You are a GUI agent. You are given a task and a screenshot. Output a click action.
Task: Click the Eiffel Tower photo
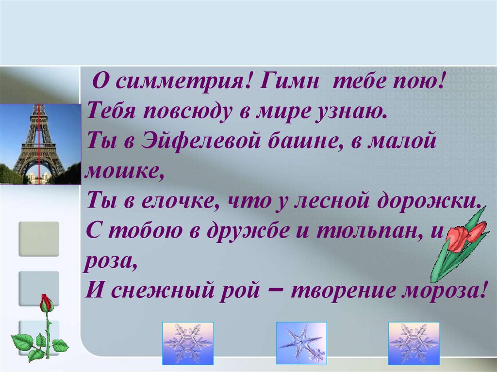(40, 144)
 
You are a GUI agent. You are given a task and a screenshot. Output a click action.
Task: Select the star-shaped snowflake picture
(301, 343)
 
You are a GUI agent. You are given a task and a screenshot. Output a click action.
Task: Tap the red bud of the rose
(46, 303)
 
